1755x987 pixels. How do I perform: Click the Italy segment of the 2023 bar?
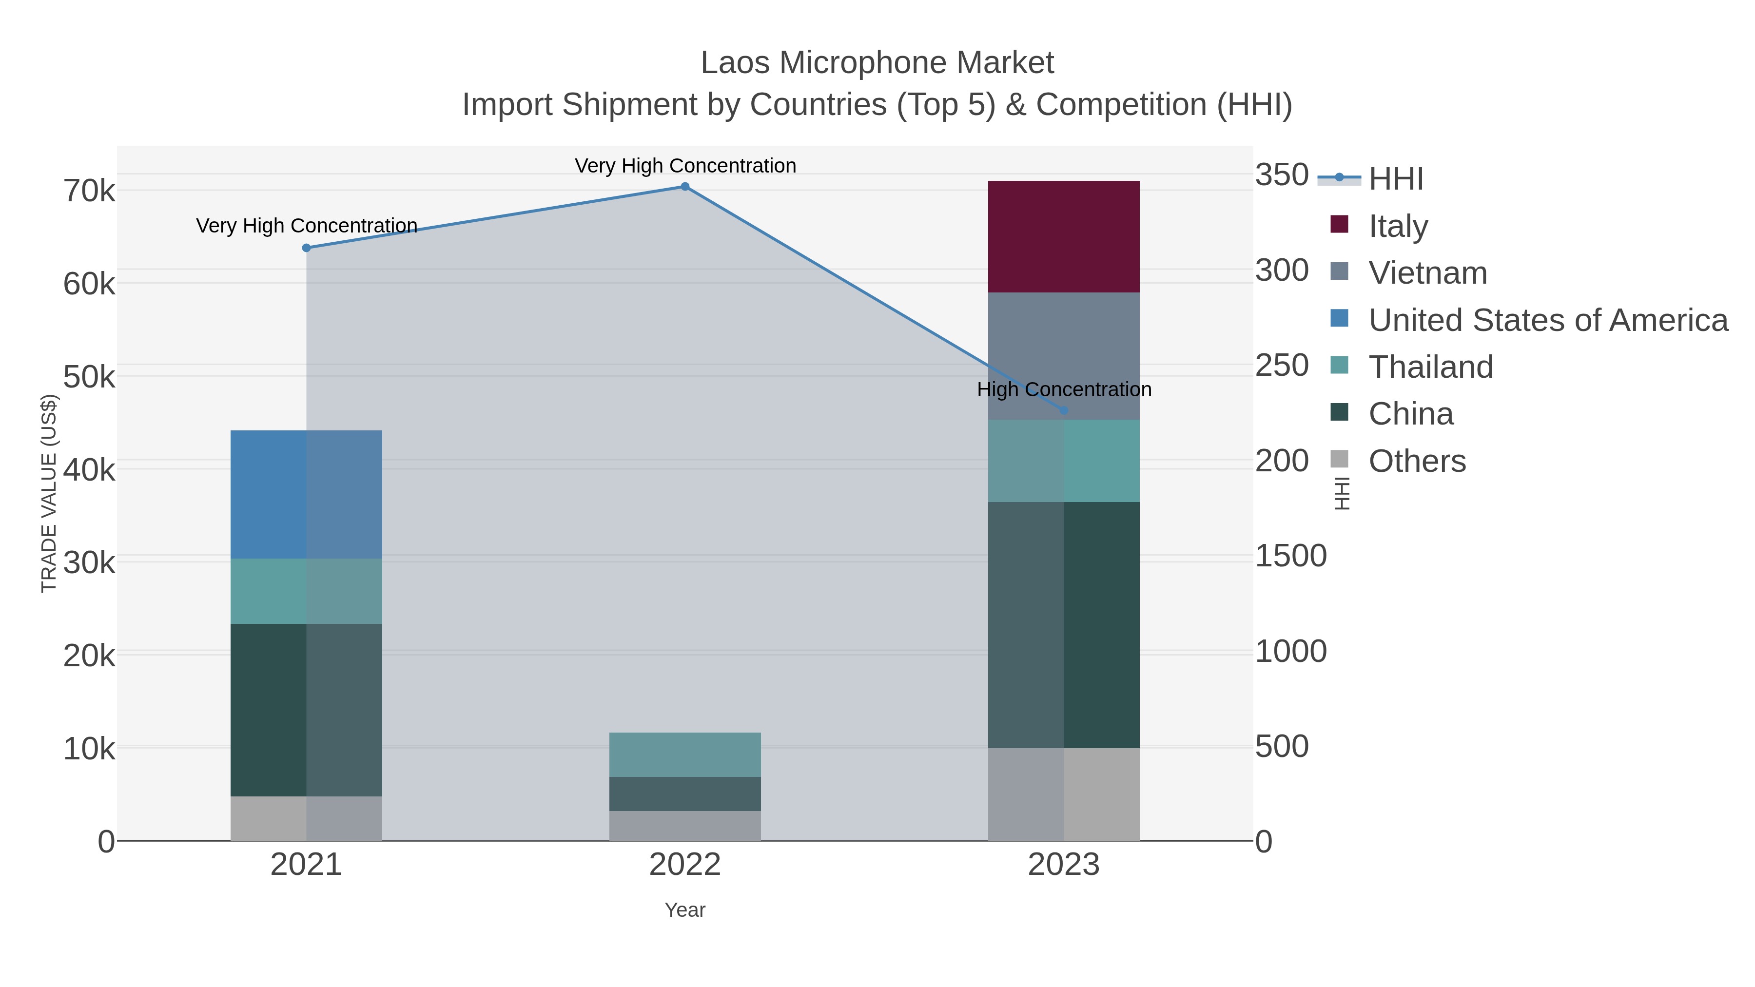click(x=1064, y=236)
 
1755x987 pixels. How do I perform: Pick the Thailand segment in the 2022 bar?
click(x=685, y=754)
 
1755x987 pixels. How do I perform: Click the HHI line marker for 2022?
click(x=685, y=187)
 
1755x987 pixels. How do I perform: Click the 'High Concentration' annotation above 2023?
click(x=1064, y=389)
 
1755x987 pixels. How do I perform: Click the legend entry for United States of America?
click(x=1546, y=320)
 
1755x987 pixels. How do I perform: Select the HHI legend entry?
click(x=1395, y=179)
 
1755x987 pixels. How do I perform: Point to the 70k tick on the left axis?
click(x=89, y=192)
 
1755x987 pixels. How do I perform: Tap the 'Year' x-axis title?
click(x=685, y=910)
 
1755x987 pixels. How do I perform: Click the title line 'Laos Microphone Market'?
click(x=877, y=63)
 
